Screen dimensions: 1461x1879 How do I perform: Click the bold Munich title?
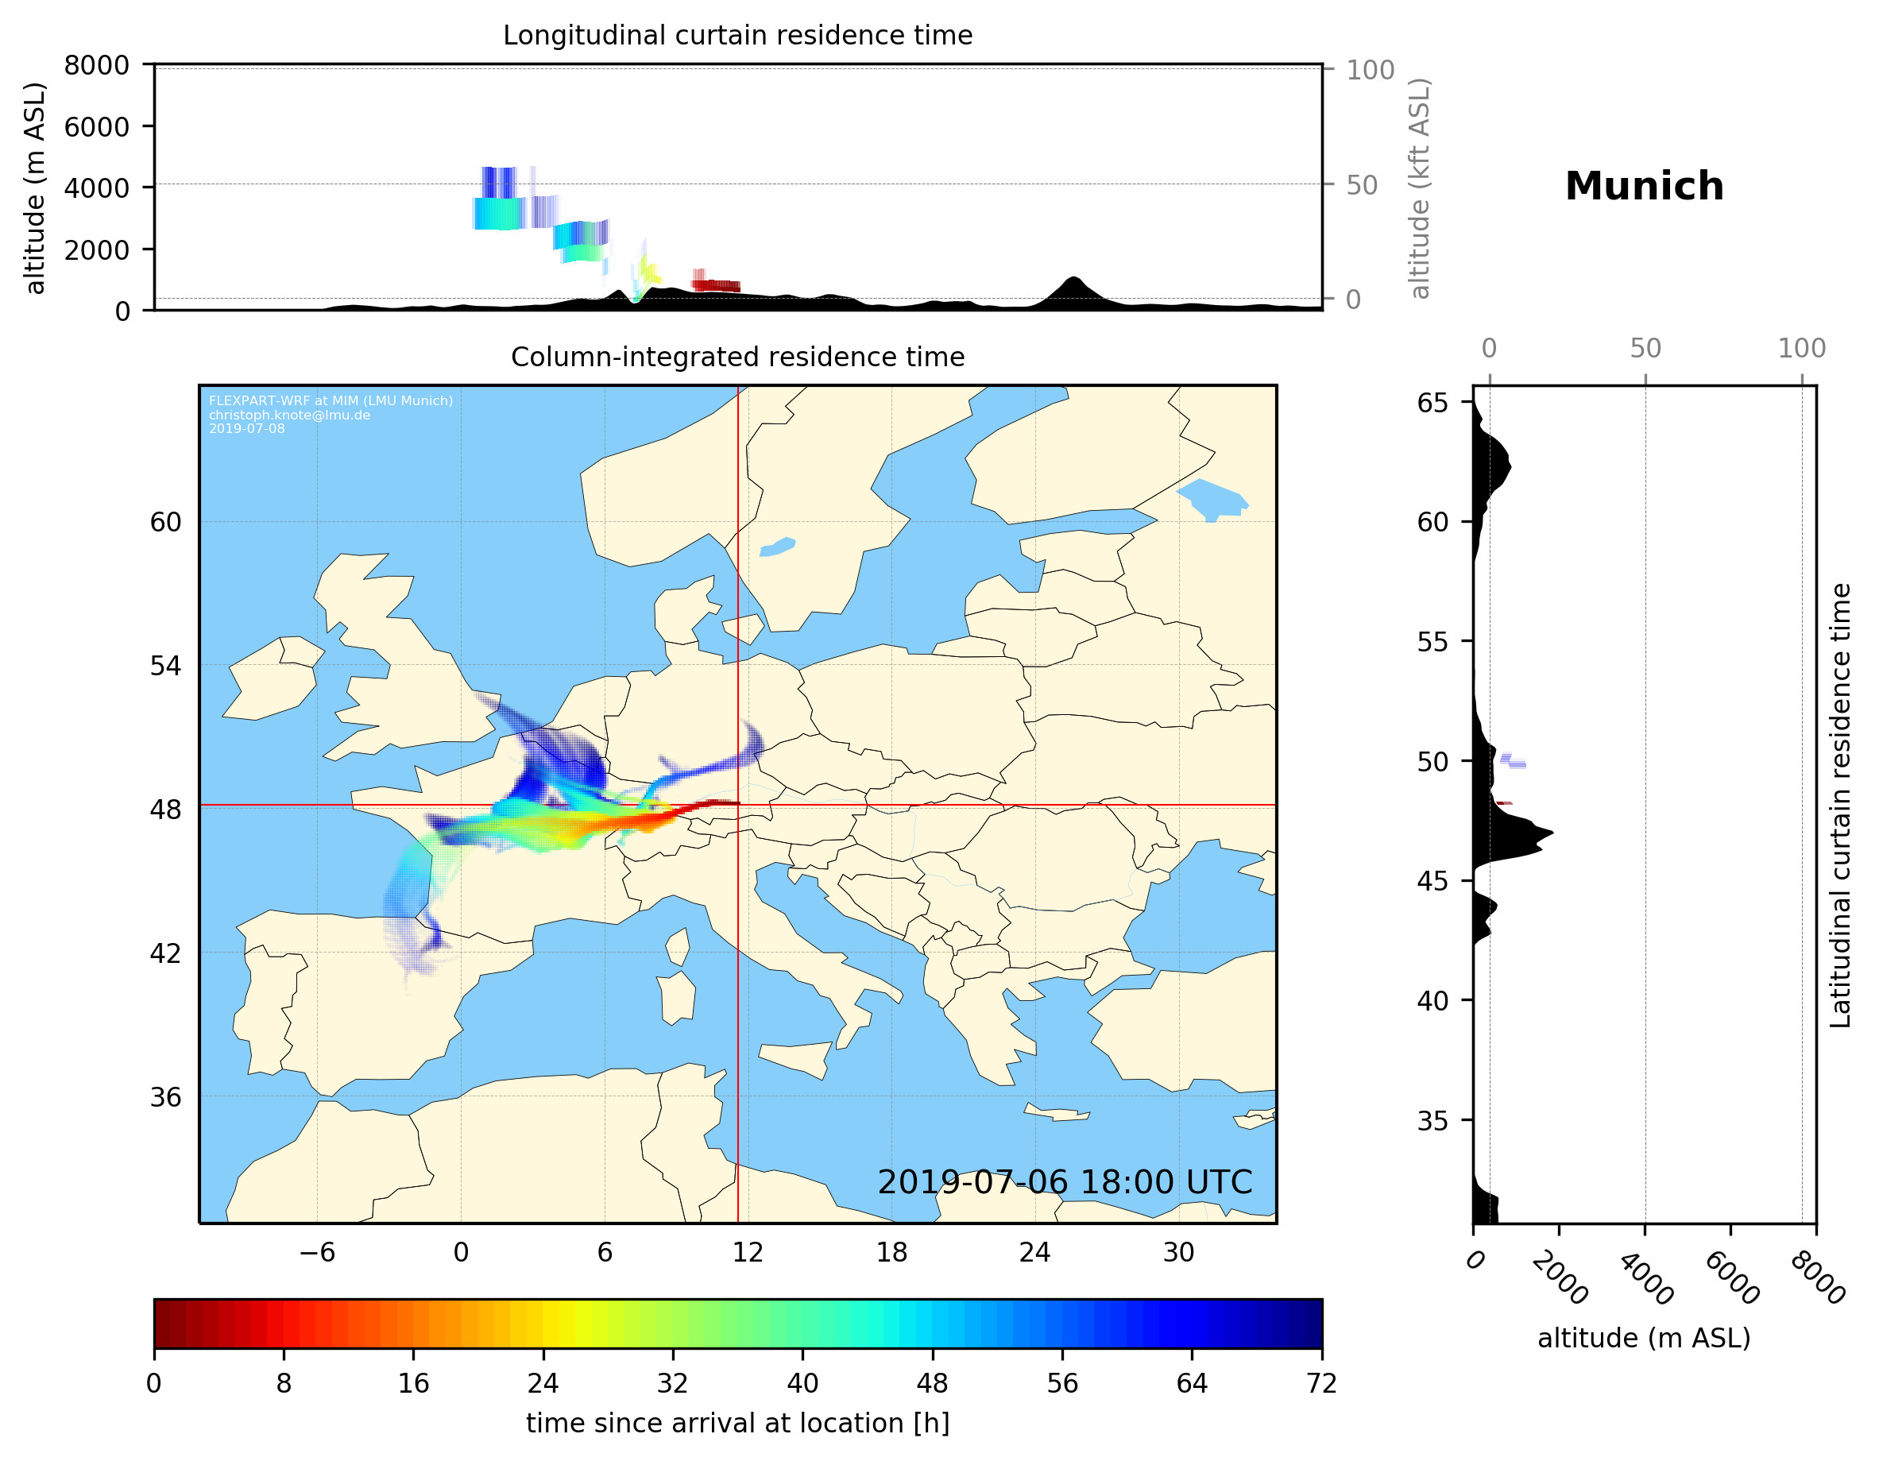coord(1643,187)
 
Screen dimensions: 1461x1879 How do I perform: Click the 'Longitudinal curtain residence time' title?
coord(737,35)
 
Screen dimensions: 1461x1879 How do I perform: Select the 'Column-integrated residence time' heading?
coord(737,357)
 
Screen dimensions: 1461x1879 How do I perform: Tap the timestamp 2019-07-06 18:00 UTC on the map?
coord(1065,1182)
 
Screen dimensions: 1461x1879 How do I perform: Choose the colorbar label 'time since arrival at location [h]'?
coord(737,1423)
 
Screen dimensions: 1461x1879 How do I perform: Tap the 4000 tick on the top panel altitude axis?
coord(96,188)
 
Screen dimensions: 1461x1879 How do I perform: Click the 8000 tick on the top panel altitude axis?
coord(96,65)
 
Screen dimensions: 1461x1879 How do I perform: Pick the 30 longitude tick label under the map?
coord(1177,1252)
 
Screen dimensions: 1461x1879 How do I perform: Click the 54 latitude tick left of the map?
coord(165,666)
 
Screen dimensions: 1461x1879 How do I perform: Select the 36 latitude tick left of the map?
coord(165,1097)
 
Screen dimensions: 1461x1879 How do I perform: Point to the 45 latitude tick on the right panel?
coord(1432,881)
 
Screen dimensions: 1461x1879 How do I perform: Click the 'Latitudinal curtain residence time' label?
coord(1839,806)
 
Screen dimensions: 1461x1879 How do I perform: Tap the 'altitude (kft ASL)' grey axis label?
coord(1420,188)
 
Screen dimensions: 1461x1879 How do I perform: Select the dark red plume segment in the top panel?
coord(716,286)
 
